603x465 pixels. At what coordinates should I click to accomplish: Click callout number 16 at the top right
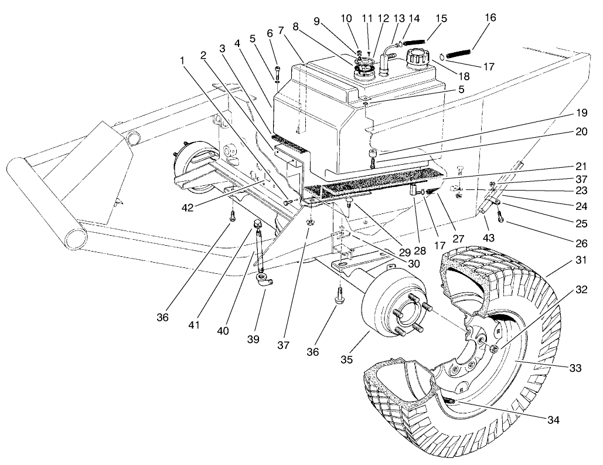point(490,18)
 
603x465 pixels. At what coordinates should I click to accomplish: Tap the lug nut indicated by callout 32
point(494,349)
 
